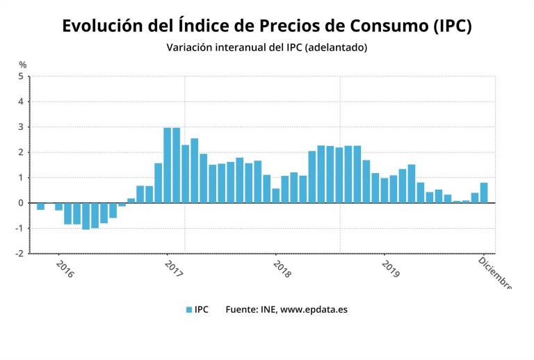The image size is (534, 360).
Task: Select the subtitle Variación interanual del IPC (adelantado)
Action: click(266, 48)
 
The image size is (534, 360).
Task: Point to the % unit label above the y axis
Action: click(22, 65)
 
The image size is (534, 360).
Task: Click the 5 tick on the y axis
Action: click(21, 76)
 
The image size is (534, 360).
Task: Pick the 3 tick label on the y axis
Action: click(21, 127)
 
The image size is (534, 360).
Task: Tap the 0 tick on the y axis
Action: click(21, 203)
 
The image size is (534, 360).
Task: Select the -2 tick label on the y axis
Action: click(19, 254)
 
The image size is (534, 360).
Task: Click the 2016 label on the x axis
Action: click(64, 269)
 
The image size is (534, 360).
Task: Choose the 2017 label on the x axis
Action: click(174, 269)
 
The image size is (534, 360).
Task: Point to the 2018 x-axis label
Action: click(282, 269)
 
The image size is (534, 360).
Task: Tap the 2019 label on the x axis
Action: click(391, 269)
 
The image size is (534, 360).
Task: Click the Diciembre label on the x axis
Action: click(495, 272)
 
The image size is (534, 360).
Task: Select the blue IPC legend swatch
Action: click(188, 310)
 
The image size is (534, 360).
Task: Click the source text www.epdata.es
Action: click(314, 310)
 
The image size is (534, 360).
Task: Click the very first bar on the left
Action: click(40, 206)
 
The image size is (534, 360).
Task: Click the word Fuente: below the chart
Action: click(242, 310)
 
